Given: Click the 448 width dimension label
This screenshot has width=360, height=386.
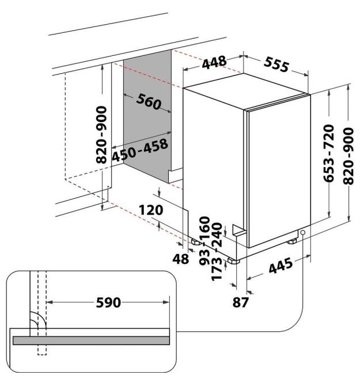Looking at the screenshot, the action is (214, 62).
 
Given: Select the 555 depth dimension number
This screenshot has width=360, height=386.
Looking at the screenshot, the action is (276, 65).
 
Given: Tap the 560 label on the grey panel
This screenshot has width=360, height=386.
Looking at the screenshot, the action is (149, 101).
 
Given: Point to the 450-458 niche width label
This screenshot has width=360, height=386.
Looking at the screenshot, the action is (140, 150).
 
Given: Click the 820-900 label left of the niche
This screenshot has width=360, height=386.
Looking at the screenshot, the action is (101, 135).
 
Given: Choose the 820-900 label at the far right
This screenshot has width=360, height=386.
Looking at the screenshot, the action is (348, 156).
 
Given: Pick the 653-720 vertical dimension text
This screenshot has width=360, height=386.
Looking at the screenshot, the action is (329, 153).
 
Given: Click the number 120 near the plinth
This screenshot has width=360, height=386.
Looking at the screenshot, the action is (151, 210).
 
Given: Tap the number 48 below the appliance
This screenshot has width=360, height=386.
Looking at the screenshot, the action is (181, 259).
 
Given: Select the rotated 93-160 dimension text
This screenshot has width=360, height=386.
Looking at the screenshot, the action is (204, 240).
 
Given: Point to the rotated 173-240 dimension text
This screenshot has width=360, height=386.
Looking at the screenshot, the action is (217, 251).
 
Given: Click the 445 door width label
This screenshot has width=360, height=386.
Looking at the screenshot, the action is (281, 266).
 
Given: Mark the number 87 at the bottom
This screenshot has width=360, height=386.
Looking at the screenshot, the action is (240, 302).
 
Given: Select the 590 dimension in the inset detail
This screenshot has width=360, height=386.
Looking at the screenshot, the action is (108, 302).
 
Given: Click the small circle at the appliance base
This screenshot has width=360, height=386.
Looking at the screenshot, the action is (302, 232).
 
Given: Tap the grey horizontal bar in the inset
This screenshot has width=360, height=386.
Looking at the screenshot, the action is (91, 340).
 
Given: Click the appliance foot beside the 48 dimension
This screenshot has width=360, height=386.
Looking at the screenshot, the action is (196, 242).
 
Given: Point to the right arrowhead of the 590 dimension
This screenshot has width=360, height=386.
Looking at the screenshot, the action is (166, 302).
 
